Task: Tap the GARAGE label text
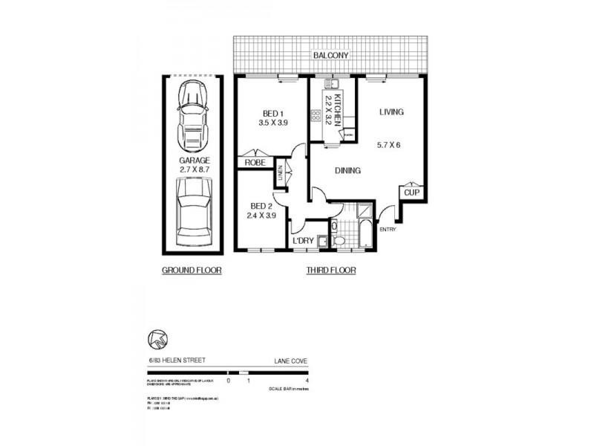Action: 194,160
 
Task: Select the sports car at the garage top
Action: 194,115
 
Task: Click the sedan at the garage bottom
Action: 194,216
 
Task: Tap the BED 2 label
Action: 261,206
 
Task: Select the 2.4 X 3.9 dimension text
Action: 261,216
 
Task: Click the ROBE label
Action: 253,161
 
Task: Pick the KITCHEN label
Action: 336,110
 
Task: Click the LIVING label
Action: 391,112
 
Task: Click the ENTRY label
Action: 388,229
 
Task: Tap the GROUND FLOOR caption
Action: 192,271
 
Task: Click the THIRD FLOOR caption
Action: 331,271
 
